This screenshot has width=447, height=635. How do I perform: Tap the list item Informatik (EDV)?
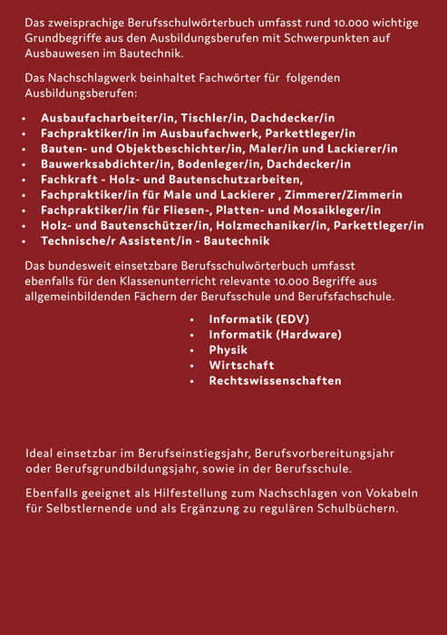pyautogui.click(x=259, y=319)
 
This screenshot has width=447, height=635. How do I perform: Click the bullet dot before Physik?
pyautogui.click(x=192, y=350)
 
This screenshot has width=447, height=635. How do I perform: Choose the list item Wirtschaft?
pyautogui.click(x=241, y=365)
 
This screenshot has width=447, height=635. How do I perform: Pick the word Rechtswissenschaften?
pyautogui.click(x=275, y=380)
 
